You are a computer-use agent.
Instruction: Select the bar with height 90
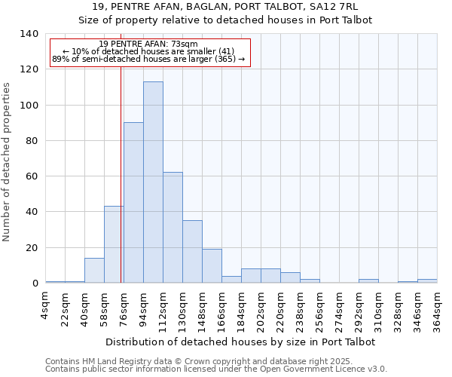[x=133, y=203]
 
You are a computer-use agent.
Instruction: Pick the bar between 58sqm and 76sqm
[x=114, y=244]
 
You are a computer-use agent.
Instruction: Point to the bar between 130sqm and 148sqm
[x=192, y=252]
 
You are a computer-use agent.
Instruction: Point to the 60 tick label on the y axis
[x=32, y=176]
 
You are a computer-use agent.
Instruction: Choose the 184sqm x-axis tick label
[x=241, y=311]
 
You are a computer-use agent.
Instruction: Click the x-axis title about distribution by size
[x=240, y=342]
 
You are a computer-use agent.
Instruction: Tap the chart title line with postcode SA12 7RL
[x=225, y=7]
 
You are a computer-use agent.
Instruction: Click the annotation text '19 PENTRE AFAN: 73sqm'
[x=148, y=44]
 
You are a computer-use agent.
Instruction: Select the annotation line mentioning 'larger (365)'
[x=148, y=60]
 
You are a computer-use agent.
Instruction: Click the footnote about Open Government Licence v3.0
[x=216, y=369]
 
